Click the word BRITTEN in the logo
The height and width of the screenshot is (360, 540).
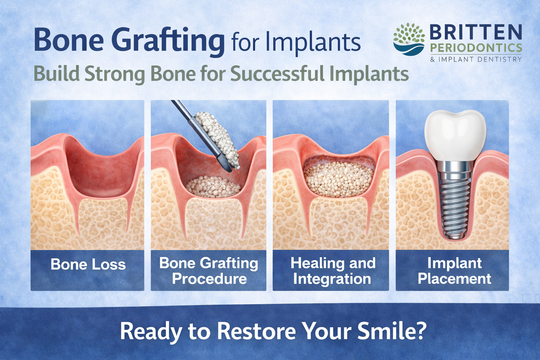point(475,33)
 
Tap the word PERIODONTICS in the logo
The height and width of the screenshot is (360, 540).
point(476,48)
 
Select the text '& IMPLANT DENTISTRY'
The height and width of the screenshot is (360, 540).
point(476,59)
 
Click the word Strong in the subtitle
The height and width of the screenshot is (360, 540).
point(115,74)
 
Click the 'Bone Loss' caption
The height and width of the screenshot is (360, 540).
point(88,264)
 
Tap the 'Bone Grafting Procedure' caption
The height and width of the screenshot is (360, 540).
point(209,271)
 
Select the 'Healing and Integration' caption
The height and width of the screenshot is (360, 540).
point(332,271)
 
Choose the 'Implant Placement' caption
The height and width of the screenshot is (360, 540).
point(454,271)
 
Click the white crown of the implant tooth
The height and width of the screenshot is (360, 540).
point(455,134)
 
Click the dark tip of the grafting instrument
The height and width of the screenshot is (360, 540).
point(225,164)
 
